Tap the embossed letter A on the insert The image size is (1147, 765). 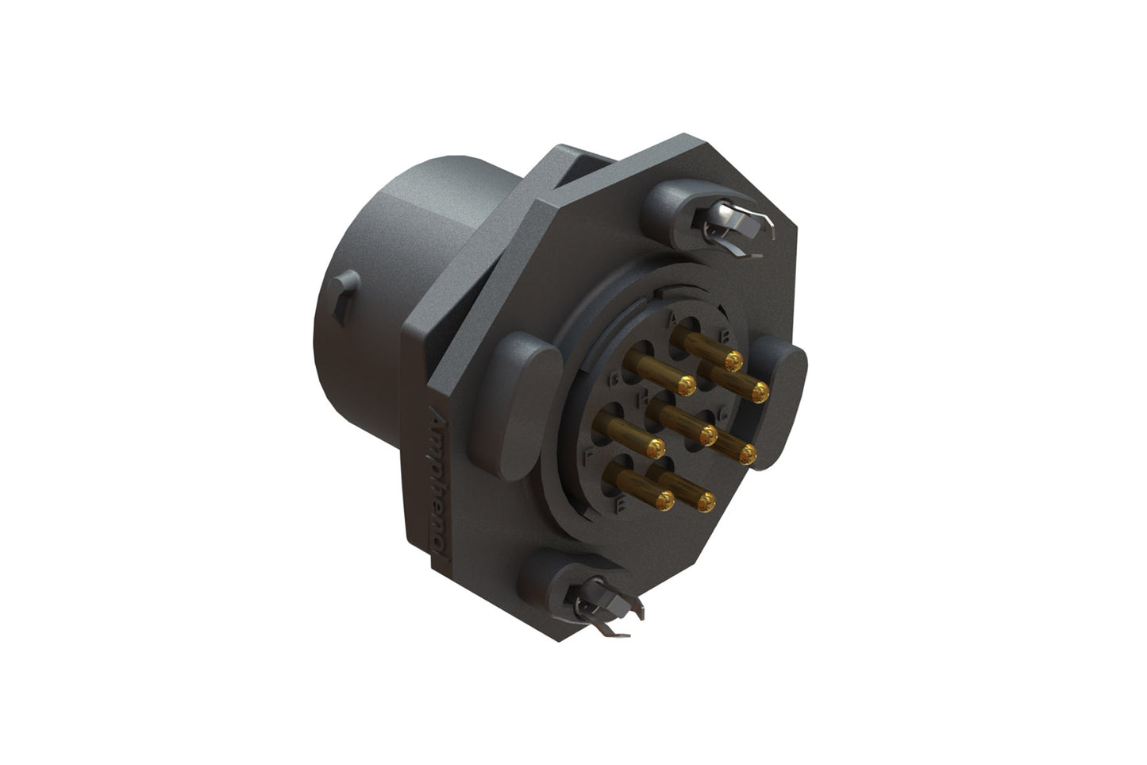tap(672, 320)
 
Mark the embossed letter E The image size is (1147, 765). tap(622, 503)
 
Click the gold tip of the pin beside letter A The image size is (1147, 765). tap(733, 362)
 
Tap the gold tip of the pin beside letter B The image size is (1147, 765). tap(760, 391)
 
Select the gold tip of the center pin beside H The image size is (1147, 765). tap(706, 433)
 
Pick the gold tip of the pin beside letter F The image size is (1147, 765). tap(655, 448)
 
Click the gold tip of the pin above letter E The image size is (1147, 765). tap(664, 499)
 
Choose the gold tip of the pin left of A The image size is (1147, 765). tap(686, 385)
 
